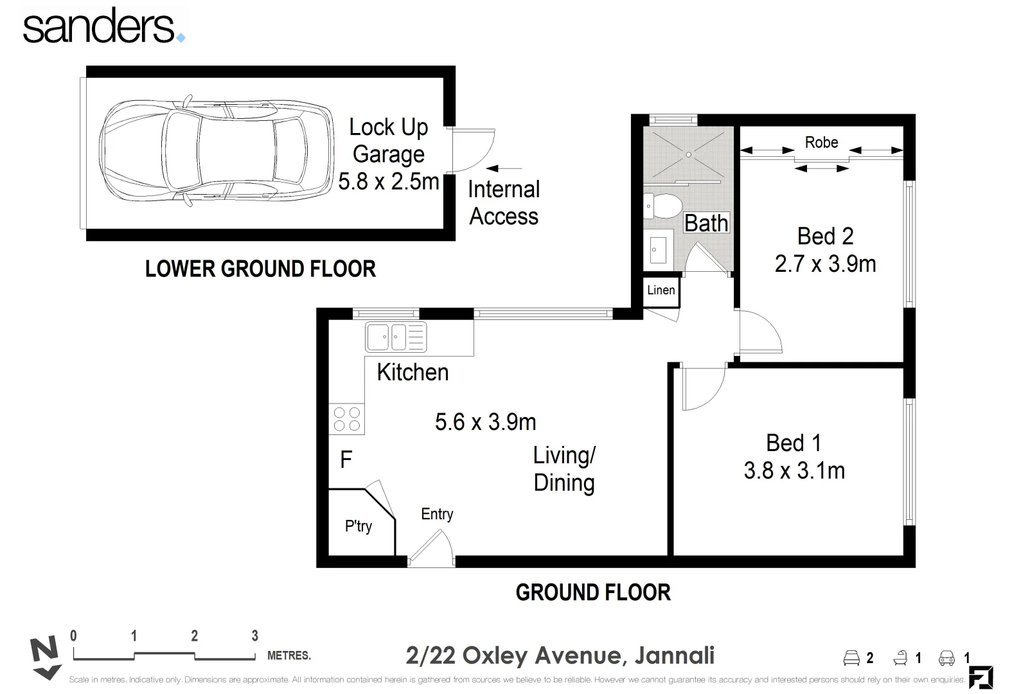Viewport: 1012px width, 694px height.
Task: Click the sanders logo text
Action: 100,27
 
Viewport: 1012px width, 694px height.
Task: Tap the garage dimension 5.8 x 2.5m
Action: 388,182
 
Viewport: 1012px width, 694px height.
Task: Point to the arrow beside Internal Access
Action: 504,168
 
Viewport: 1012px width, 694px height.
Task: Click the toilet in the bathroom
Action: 662,206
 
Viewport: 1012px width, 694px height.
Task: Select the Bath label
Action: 706,223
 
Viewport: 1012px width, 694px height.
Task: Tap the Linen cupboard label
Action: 661,290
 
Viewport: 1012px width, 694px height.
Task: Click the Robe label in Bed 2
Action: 821,143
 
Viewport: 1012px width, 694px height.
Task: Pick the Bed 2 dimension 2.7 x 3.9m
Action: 825,264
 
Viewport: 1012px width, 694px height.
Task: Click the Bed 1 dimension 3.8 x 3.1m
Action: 794,471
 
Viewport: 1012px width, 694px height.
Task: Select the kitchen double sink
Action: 395,337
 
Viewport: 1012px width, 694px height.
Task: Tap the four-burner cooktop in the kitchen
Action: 346,419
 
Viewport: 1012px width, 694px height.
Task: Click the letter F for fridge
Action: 346,460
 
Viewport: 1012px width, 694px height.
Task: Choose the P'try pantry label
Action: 358,526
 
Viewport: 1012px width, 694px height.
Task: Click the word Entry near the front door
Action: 437,514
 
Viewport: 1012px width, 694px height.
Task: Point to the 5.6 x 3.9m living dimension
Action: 485,422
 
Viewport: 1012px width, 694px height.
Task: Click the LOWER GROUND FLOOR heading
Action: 260,269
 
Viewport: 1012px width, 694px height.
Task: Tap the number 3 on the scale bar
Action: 254,636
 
